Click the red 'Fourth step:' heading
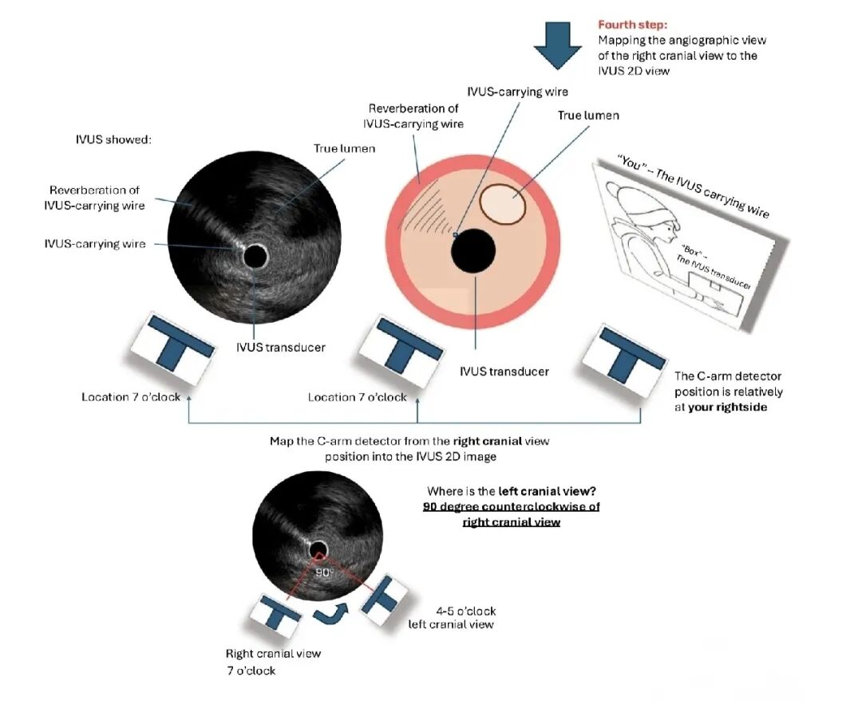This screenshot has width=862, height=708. point(633,25)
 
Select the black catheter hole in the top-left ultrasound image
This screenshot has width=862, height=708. point(255,256)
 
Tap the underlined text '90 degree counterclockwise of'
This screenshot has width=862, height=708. point(511,507)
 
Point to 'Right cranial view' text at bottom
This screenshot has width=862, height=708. point(273,653)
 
